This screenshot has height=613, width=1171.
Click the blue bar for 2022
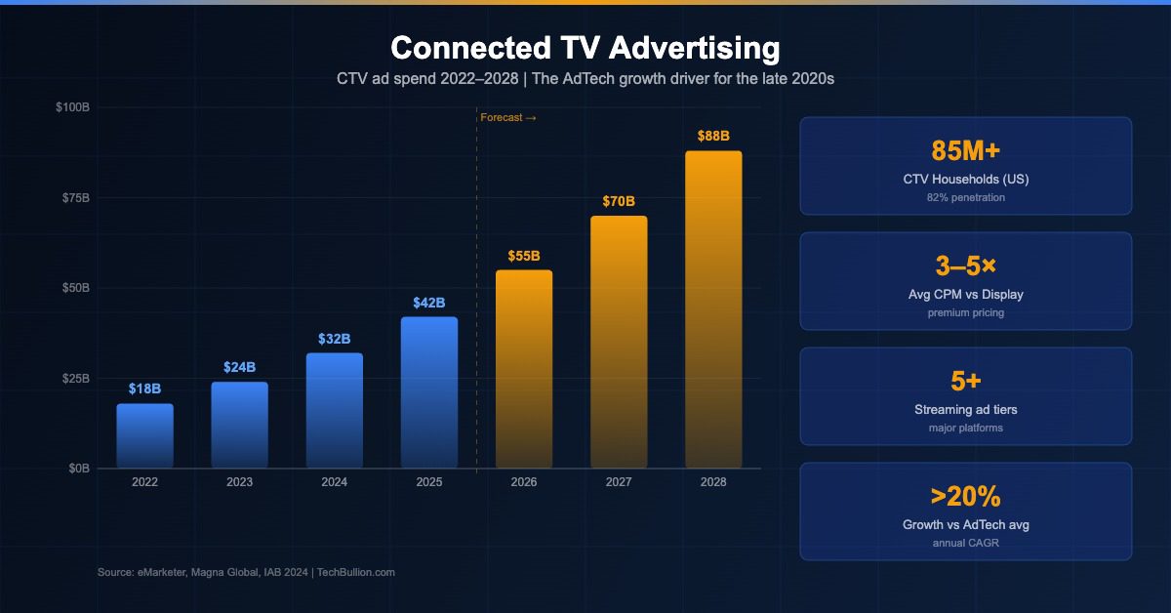tap(144, 436)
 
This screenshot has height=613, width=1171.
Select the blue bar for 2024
tap(335, 411)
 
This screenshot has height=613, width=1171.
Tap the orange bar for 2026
tap(524, 369)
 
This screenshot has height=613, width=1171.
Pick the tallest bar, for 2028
tap(713, 309)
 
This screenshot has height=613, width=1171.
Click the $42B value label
tap(429, 302)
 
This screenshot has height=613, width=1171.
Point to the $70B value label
tap(619, 201)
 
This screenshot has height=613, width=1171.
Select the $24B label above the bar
tap(239, 367)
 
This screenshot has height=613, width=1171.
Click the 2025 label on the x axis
tap(429, 482)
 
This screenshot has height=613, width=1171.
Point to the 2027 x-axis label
tap(619, 482)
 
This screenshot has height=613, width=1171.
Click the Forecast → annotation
tap(508, 118)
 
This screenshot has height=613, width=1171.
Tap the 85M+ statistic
tap(965, 150)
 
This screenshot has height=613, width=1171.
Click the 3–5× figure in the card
tap(965, 266)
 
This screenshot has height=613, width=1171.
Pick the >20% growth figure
tap(965, 496)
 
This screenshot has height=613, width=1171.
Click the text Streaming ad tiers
tap(965, 410)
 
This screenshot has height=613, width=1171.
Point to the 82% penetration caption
tap(965, 198)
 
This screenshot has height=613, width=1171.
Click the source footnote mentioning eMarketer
tap(246, 572)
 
